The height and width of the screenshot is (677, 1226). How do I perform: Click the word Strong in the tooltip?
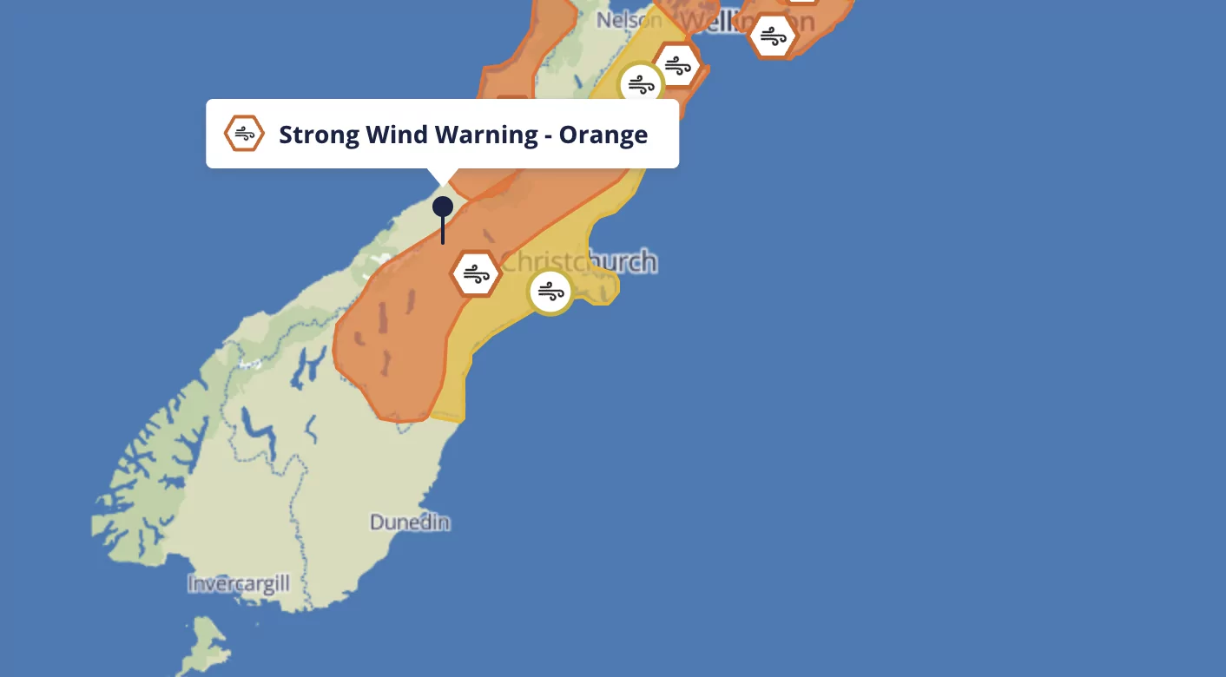pos(318,135)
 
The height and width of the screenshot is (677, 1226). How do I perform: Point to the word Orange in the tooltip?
pos(603,135)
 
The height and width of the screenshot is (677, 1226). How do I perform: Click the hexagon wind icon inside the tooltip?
pos(244,134)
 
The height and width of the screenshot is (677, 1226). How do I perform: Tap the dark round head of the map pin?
pos(443,207)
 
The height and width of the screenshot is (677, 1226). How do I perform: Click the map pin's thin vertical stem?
pos(443,231)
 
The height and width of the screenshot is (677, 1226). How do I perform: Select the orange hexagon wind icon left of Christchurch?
pos(476,274)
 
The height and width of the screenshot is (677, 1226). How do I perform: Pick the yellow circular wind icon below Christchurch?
pos(550,291)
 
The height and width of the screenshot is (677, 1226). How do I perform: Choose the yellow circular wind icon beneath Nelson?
pos(641,85)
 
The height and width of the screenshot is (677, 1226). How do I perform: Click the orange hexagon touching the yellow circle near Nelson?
pos(677,65)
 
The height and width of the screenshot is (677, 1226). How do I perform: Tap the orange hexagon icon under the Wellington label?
pos(772,36)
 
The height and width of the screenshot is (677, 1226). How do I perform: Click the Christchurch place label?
pos(580,261)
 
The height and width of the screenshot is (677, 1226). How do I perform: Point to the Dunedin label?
pos(410,523)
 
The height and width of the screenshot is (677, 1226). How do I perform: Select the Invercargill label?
pos(239,583)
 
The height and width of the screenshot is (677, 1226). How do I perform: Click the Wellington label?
pos(747,20)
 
